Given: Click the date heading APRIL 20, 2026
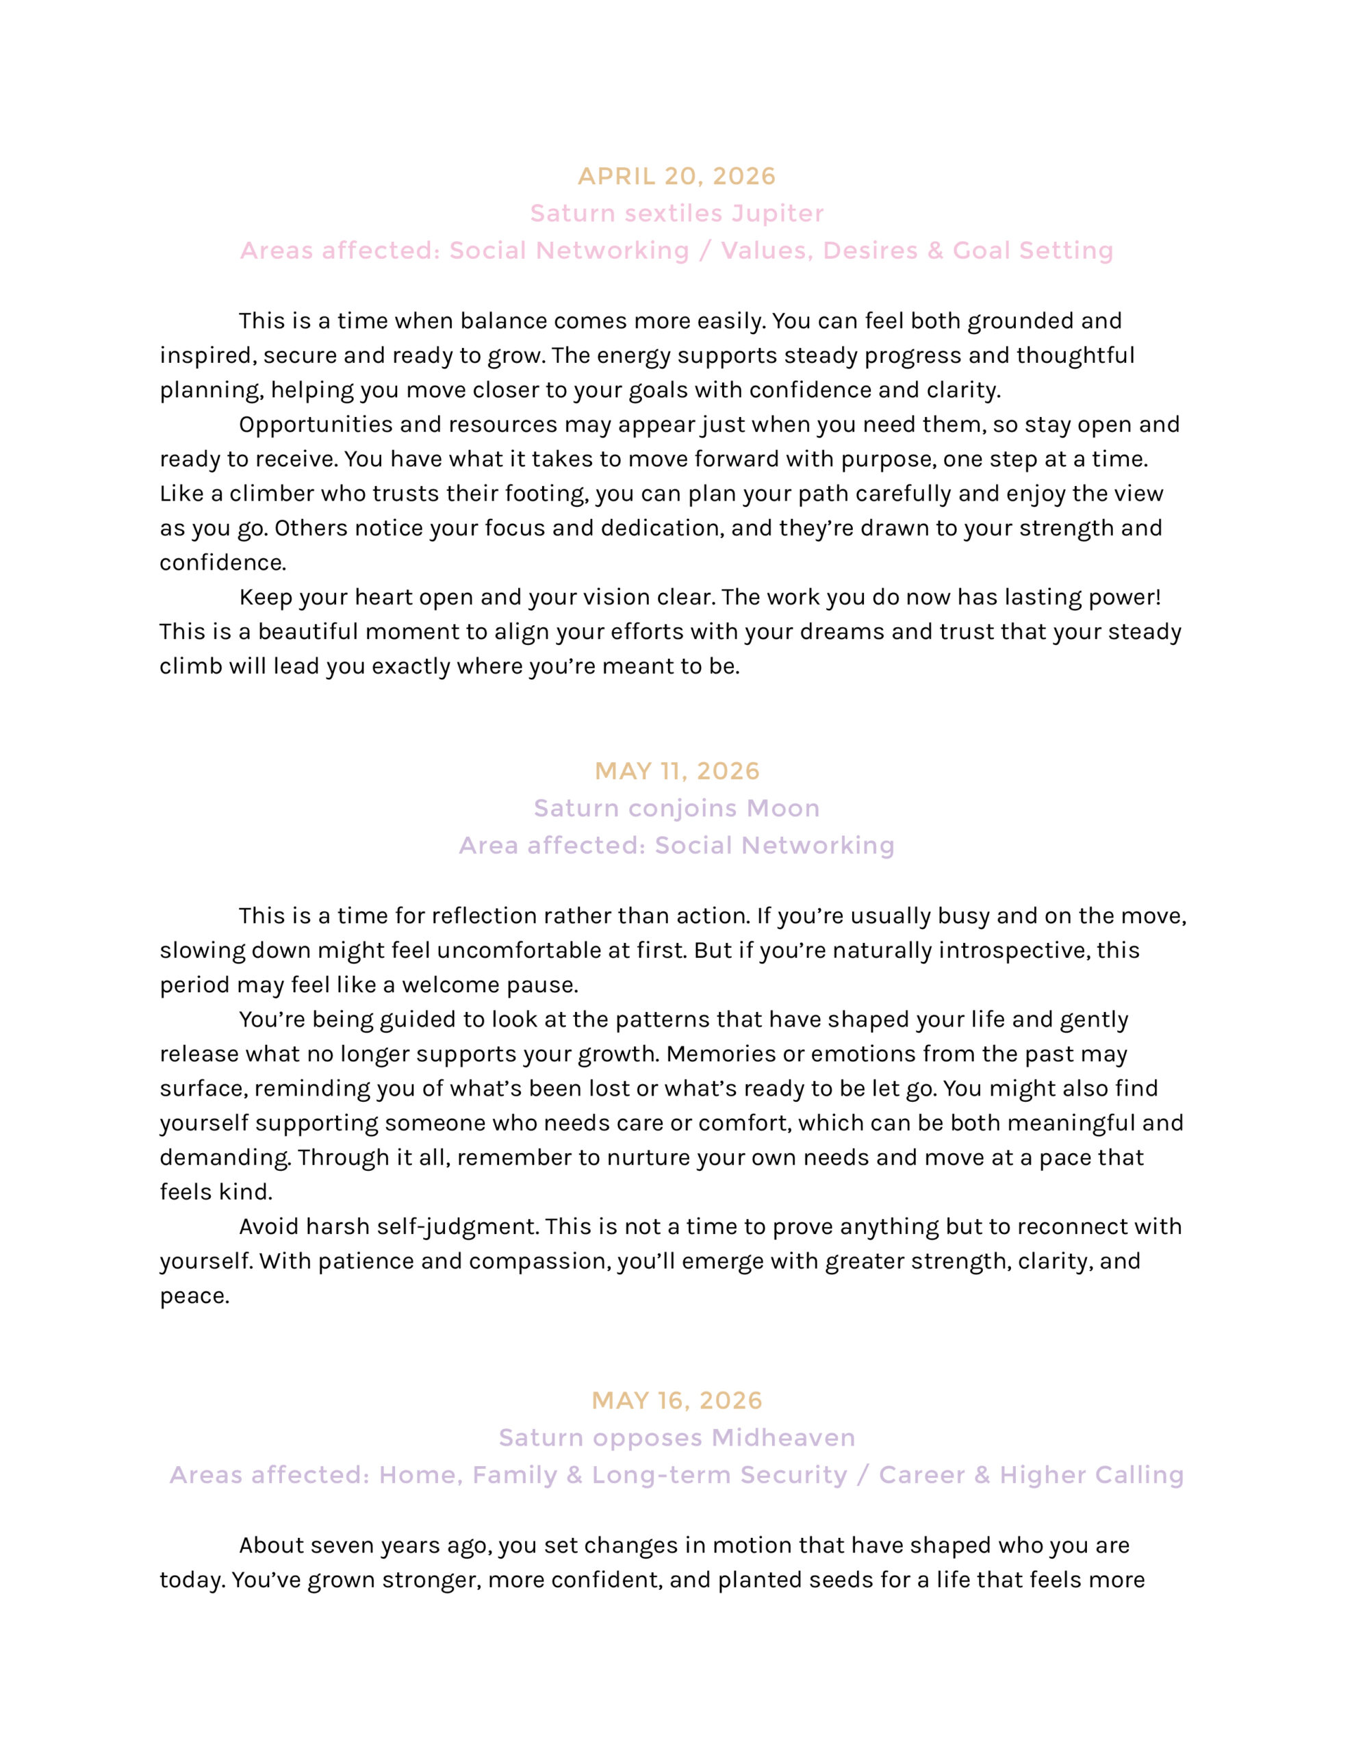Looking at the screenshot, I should tap(676, 177).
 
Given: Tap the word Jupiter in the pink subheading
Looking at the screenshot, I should tap(777, 214).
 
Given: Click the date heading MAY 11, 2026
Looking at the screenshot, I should tap(676, 771).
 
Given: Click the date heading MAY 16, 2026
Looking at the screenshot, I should tap(676, 1400).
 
